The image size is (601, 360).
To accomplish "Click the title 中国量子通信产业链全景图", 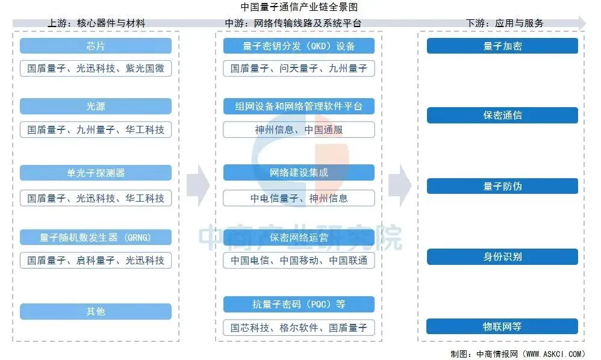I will click(299, 7).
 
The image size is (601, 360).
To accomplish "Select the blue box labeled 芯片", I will click(96, 46).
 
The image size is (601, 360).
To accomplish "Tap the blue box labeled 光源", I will click(96, 107).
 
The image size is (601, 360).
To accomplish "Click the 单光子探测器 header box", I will click(96, 173).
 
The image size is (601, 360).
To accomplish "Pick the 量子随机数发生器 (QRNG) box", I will click(96, 237).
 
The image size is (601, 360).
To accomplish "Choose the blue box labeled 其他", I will click(96, 311).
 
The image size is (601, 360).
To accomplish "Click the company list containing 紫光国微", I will click(96, 68).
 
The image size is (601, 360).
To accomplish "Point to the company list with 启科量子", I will click(96, 260).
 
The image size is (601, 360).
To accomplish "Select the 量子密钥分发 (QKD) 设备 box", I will click(299, 46).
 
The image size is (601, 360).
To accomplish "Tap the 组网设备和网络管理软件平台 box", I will click(299, 107).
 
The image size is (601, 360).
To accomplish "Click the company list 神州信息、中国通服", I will click(299, 129).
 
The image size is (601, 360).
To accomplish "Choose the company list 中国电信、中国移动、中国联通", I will click(299, 260).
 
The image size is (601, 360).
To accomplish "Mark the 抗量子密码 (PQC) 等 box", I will click(299, 304).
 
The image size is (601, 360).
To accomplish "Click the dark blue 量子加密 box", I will click(502, 46).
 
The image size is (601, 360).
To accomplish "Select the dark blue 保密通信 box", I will click(502, 115).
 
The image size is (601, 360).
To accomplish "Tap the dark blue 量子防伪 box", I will click(502, 186).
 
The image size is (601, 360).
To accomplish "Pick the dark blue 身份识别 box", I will click(502, 256).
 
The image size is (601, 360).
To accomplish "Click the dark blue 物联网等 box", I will click(502, 326).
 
